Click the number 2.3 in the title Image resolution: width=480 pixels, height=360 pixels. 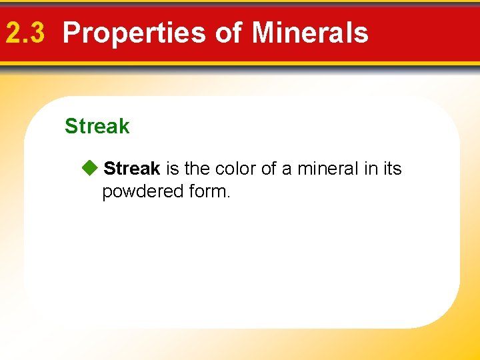pos(26,33)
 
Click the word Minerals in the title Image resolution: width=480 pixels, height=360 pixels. pos(311,33)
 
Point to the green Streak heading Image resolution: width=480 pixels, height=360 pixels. pos(97,126)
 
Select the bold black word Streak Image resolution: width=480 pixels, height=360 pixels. pos(132,169)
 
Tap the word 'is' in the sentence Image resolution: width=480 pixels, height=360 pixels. pos(171,169)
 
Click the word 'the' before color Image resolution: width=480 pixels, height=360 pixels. pos(197,169)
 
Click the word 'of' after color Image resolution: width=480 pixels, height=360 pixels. pos(269,169)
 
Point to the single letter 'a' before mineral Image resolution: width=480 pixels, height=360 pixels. pos(287,169)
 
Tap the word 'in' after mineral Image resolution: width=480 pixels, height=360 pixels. pos(371,169)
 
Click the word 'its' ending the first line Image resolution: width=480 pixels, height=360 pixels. pos(393,169)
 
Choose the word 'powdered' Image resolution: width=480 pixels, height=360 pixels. pos(139,192)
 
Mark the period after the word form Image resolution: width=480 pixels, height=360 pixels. pos(228,197)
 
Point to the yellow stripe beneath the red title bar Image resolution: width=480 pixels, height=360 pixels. pos(240,63)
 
